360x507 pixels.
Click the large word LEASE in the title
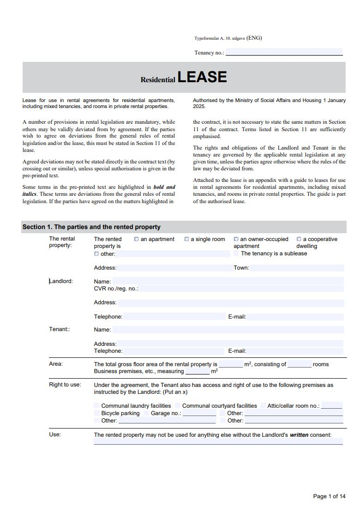(202, 77)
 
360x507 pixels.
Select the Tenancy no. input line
(283, 52)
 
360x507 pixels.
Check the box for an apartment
(136, 239)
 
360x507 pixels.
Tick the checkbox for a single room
(186, 239)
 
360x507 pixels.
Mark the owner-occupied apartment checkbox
(236, 239)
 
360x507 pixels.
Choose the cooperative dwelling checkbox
(299, 239)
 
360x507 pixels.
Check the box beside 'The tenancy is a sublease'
(236, 253)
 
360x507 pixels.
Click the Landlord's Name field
(228, 281)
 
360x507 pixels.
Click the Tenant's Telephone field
(174, 351)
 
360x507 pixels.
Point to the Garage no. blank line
(199, 413)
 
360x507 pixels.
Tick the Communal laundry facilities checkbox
(97, 406)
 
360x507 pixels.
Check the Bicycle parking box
(97, 413)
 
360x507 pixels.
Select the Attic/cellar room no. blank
(331, 406)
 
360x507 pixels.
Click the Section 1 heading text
(91, 227)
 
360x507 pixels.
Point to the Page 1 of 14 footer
(329, 496)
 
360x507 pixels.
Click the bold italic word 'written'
(299, 435)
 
